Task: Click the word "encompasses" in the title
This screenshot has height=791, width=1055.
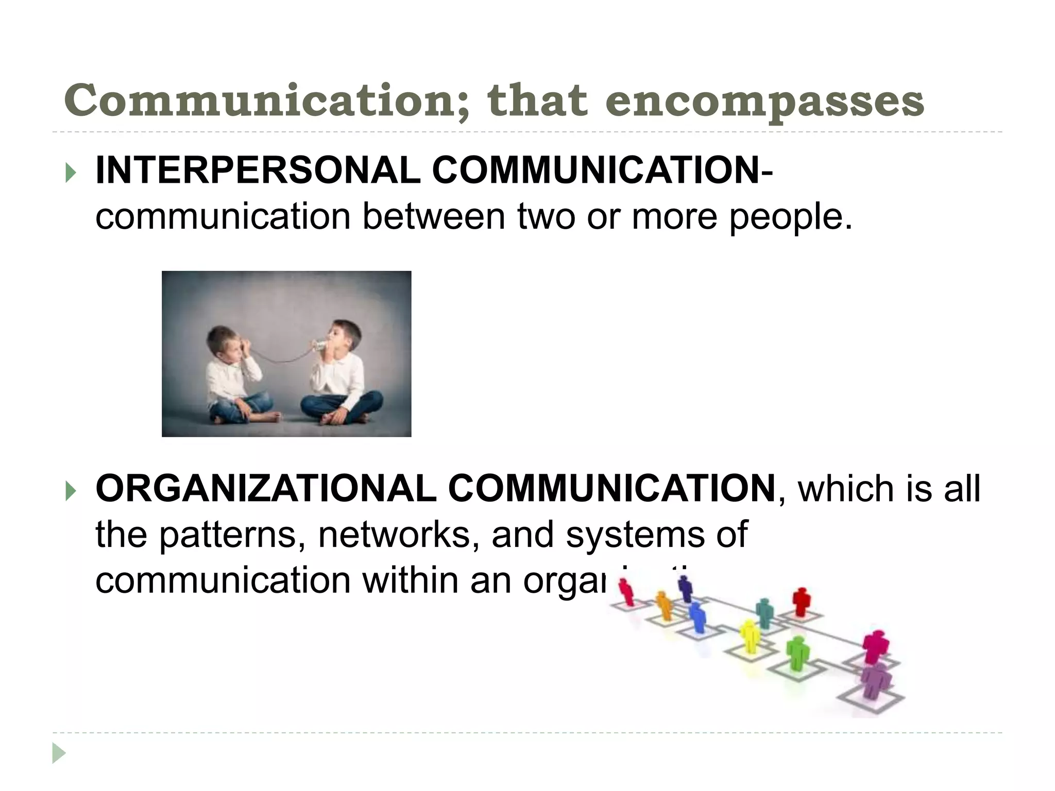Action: (764, 102)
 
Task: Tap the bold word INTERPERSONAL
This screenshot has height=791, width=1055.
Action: (258, 170)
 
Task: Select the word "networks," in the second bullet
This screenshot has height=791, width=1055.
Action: (395, 535)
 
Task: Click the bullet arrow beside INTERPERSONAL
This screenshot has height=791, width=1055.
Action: (71, 173)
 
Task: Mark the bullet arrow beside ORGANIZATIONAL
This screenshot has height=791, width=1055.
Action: (71, 491)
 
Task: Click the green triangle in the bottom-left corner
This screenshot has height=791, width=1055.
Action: (59, 753)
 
